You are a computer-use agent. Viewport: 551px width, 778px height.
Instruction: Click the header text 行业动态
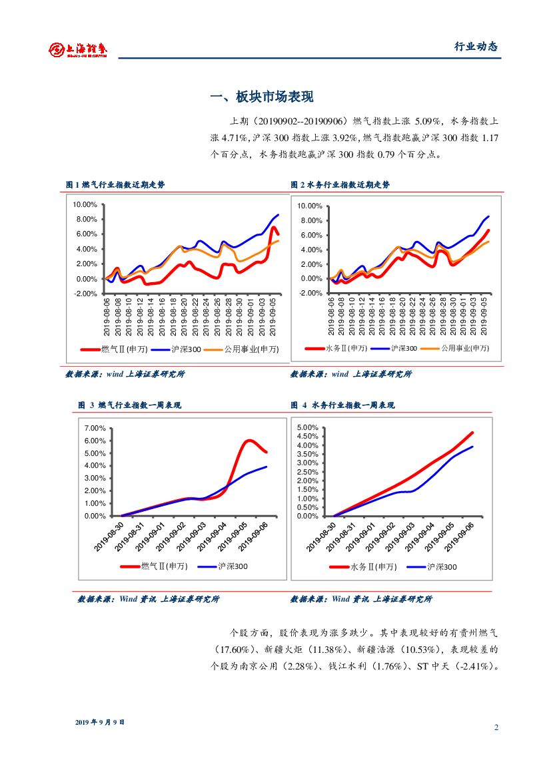(x=476, y=47)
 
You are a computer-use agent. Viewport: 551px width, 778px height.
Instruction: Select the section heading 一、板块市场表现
(x=261, y=97)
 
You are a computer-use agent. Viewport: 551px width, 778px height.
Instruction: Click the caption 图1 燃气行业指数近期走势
(x=115, y=185)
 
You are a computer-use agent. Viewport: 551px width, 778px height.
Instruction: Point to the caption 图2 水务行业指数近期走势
(x=340, y=185)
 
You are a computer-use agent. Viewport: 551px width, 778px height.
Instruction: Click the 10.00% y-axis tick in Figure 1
(x=85, y=205)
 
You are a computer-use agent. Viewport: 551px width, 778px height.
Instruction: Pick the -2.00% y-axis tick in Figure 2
(x=310, y=293)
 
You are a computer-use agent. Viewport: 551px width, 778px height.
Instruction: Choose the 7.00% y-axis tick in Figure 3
(x=95, y=428)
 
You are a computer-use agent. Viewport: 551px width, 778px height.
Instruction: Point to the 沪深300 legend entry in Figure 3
(x=233, y=566)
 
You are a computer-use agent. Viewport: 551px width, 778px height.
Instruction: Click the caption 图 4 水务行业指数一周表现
(x=342, y=405)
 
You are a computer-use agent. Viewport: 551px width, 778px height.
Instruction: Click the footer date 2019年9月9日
(x=99, y=721)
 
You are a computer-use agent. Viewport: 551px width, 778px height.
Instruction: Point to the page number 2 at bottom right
(x=496, y=727)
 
